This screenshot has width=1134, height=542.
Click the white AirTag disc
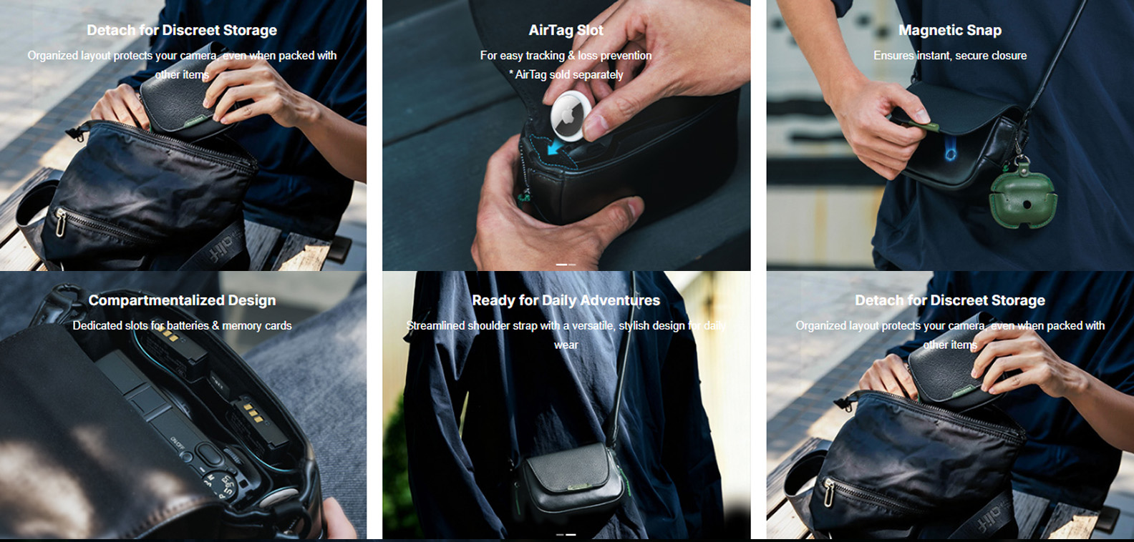[571, 116]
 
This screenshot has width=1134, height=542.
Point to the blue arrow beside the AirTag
[555, 147]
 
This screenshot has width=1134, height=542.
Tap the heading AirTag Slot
[566, 30]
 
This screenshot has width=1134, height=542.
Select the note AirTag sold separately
[569, 75]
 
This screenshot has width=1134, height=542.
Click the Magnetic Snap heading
[950, 30]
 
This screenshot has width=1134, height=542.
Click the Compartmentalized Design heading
[183, 300]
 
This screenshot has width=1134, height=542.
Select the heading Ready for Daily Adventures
[566, 300]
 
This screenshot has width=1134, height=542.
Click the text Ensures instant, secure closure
[950, 56]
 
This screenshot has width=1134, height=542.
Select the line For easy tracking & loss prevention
[566, 56]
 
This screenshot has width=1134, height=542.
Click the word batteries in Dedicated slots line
[188, 325]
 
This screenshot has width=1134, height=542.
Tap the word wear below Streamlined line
[566, 345]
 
